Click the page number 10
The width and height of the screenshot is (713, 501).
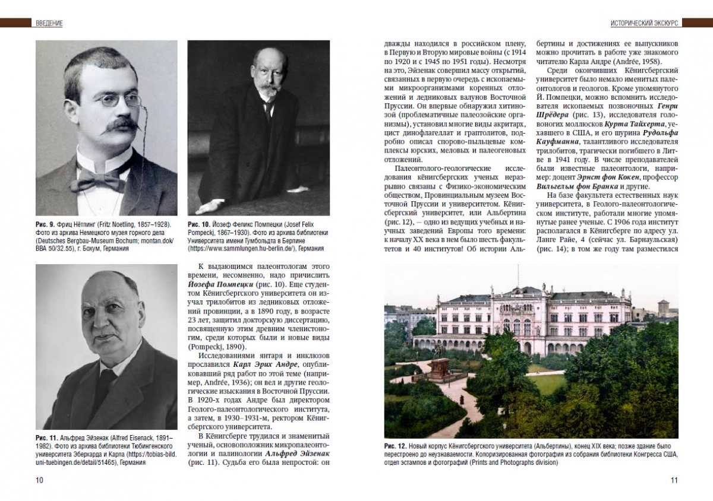point(39,480)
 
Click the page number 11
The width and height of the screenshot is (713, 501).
point(674,480)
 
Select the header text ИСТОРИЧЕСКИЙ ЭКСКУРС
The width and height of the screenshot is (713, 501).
point(645,23)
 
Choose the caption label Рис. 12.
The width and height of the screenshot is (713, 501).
point(395,446)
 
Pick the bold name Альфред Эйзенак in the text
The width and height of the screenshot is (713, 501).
point(296,454)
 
